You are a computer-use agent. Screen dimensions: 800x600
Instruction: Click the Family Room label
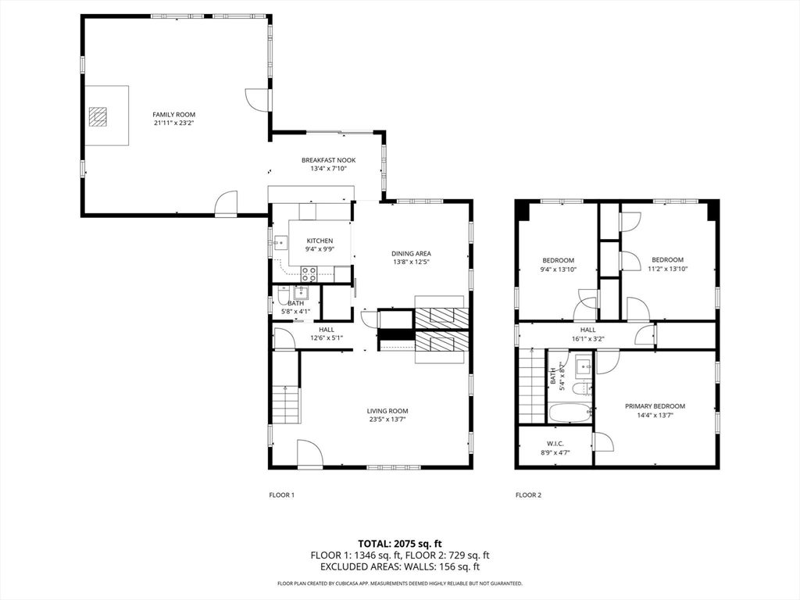tap(174, 115)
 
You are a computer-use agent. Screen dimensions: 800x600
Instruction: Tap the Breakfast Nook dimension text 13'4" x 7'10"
tap(329, 169)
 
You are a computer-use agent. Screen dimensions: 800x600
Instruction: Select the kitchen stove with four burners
tap(309, 274)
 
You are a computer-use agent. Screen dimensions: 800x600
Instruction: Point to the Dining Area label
tap(411, 254)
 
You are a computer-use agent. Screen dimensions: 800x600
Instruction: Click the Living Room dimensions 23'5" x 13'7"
tap(387, 420)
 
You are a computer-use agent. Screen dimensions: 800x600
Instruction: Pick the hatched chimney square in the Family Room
tap(98, 116)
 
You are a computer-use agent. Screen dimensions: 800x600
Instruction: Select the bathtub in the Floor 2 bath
tap(570, 412)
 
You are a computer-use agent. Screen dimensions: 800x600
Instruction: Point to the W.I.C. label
tap(555, 444)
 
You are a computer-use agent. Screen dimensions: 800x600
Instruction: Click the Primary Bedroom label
tap(655, 406)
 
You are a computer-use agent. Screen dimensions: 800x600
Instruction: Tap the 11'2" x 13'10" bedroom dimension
tap(667, 269)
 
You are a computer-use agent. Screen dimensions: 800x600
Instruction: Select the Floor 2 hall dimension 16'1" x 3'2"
tap(587, 339)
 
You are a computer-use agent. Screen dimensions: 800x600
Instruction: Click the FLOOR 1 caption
tap(281, 495)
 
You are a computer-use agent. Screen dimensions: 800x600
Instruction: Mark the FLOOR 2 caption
tap(529, 495)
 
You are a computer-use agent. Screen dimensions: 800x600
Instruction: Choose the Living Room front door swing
tap(309, 452)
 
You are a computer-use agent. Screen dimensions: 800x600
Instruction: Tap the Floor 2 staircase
tap(532, 385)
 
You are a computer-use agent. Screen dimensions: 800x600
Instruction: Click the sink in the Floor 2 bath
tap(584, 367)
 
